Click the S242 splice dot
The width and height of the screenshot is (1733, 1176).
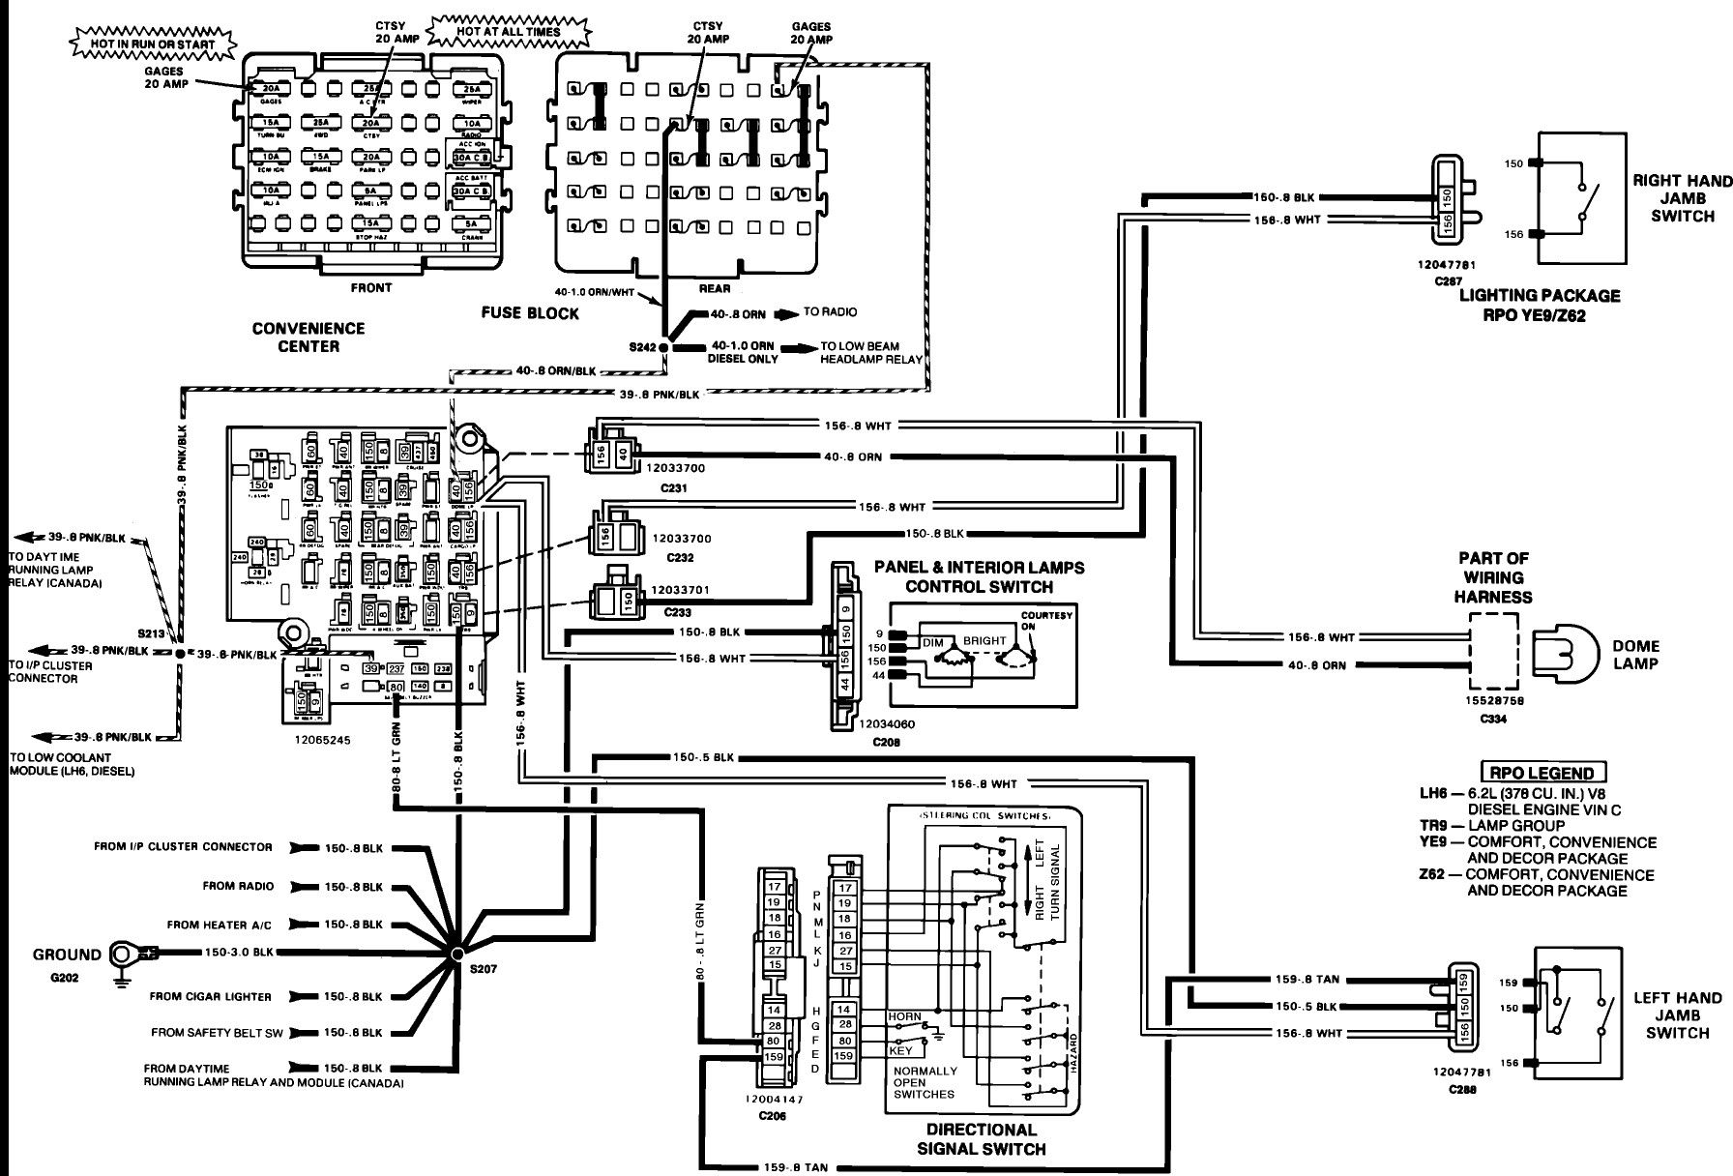click(663, 346)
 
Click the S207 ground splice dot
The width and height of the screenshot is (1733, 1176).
click(456, 955)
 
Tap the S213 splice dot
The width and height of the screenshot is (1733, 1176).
click(180, 655)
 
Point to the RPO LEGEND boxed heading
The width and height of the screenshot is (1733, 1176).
click(1543, 773)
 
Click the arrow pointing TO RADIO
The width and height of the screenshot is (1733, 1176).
click(786, 313)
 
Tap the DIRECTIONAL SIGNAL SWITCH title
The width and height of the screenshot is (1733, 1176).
click(981, 1139)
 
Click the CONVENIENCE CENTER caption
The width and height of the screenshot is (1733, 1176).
click(308, 337)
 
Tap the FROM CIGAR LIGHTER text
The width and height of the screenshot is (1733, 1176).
click(211, 996)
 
